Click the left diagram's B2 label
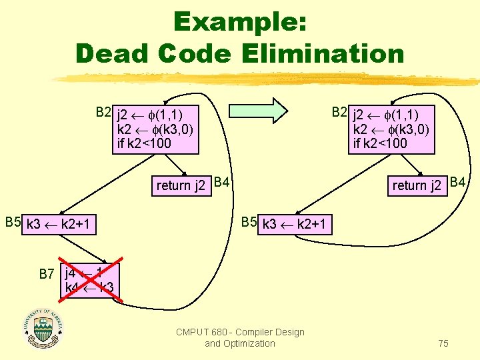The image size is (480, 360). click(103, 111)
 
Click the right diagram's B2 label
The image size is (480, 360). click(340, 111)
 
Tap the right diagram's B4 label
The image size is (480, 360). click(458, 181)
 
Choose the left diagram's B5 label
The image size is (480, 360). click(13, 221)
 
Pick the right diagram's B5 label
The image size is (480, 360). click(249, 221)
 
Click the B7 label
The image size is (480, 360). click(46, 273)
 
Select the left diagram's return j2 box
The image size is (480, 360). click(180, 185)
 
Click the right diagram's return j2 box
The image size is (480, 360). click(417, 185)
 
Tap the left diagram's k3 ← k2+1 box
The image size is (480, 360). click(61, 225)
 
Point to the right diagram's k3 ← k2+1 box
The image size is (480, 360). click(295, 224)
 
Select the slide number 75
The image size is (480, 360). click(443, 343)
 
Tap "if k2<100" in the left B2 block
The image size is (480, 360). click(144, 143)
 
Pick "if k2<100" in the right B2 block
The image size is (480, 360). click(380, 143)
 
